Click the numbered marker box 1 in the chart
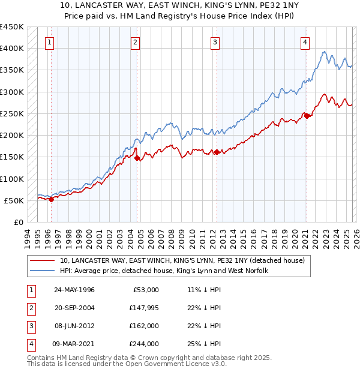pos(49,42)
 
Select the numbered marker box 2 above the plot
pos(136,42)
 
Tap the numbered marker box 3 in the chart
pos(215,42)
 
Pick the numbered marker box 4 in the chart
pos(305,42)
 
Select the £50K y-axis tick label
pos(14,200)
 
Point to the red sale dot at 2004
pos(137,158)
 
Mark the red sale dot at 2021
pos(307,116)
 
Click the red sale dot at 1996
pos(52,200)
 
